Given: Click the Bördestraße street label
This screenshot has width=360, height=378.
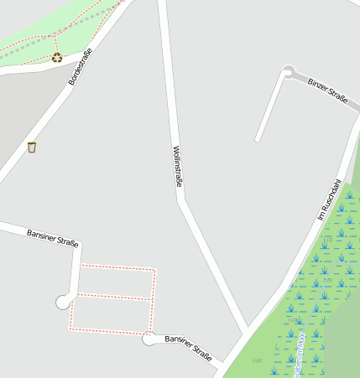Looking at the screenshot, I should pyautogui.click(x=80, y=67).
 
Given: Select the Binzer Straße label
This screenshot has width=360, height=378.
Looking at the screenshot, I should pyautogui.click(x=327, y=89).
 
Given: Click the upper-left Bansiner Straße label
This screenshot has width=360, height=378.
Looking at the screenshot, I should pyautogui.click(x=52, y=237).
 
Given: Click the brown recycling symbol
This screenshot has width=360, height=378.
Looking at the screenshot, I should pyautogui.click(x=57, y=57).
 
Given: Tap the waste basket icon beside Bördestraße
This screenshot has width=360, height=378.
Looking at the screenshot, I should pyautogui.click(x=32, y=148).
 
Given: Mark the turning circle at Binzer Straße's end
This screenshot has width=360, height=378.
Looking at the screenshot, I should pyautogui.click(x=290, y=73).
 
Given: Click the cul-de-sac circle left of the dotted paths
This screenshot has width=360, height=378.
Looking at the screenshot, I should pyautogui.click(x=63, y=302).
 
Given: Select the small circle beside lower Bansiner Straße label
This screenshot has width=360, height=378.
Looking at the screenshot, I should pyautogui.click(x=149, y=339).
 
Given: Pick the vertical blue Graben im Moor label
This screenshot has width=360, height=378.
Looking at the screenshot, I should pyautogui.click(x=297, y=352).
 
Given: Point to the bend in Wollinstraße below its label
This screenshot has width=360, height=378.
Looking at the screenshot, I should pyautogui.click(x=180, y=199).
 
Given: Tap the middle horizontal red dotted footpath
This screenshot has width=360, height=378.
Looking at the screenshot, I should pyautogui.click(x=113, y=297).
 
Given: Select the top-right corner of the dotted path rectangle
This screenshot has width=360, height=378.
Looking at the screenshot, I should pyautogui.click(x=155, y=269).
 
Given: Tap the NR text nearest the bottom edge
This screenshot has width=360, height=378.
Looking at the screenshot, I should pyautogui.click(x=258, y=360).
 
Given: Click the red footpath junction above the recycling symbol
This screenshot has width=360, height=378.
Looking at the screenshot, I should pyautogui.click(x=56, y=35).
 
